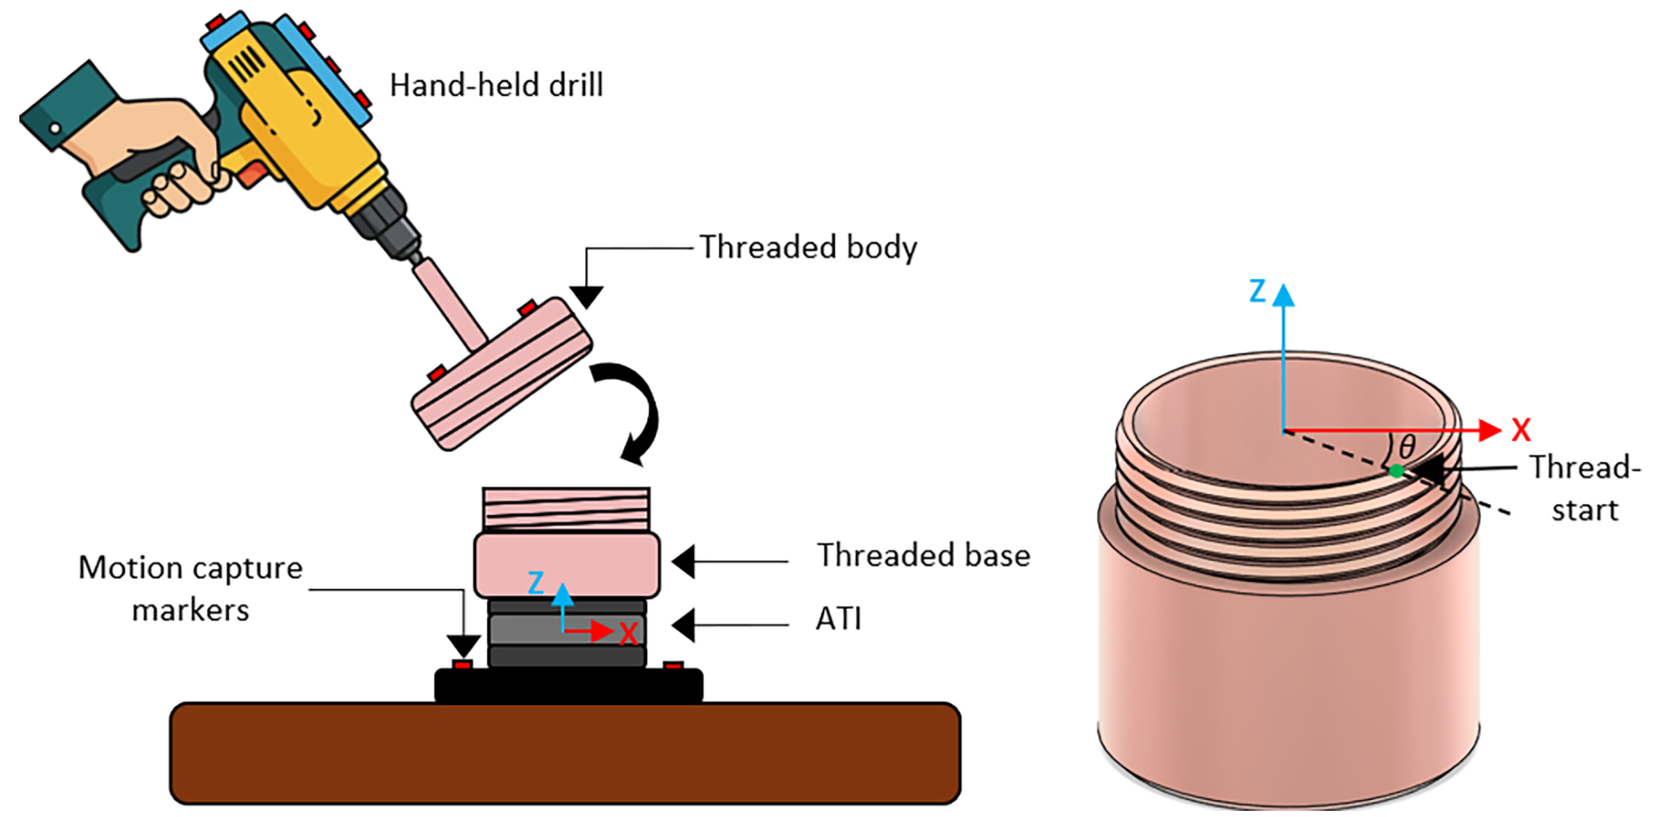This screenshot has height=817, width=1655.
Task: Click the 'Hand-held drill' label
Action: point(496,86)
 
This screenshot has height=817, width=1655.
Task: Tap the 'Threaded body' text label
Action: point(808,247)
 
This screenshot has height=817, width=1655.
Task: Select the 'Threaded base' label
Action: point(923,555)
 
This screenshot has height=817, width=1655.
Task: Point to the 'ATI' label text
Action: point(838,619)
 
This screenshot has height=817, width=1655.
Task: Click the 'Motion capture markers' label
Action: point(190,588)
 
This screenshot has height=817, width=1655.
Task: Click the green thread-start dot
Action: point(1396,471)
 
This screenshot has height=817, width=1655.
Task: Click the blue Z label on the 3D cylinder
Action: point(1257,291)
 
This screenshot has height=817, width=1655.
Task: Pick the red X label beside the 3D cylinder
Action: point(1521,430)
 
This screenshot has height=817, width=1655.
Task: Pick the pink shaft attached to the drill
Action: point(450,302)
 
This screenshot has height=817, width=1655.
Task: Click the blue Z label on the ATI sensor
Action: point(536,583)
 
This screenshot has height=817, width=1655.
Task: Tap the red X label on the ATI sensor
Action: point(628,634)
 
